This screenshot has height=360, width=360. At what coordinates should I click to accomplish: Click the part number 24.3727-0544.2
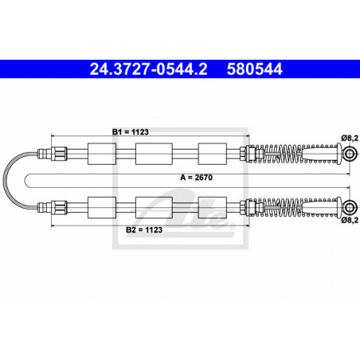pos(148,69)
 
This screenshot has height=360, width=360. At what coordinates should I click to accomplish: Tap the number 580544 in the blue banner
pos(254,69)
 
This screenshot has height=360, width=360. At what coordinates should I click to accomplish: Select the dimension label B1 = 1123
pos(131,132)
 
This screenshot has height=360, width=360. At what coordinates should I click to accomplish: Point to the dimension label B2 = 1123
pos(144,229)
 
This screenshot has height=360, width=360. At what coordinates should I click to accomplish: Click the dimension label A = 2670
pos(197,178)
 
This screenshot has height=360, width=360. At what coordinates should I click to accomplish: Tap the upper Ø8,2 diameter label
pos(350,138)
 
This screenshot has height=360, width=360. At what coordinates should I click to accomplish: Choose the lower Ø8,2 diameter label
pos(350,220)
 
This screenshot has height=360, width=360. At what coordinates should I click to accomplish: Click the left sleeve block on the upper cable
pos(102,154)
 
